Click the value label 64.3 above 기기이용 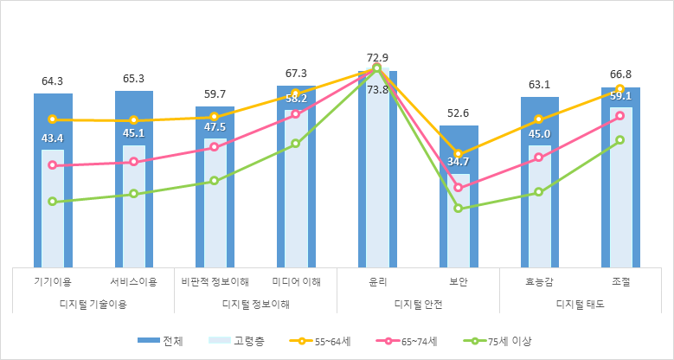52,81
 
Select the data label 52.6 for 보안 458,113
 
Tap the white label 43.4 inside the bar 52,138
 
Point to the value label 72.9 377,58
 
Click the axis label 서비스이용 133,281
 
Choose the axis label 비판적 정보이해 215,281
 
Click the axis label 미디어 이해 296,281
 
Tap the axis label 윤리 377,281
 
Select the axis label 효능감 539,281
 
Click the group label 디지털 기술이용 93,304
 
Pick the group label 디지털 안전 418,304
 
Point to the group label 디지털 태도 580,304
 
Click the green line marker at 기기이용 52,202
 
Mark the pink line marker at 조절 620,116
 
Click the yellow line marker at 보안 458,154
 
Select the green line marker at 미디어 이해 296,144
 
